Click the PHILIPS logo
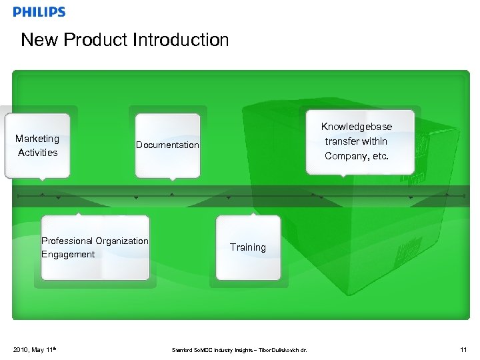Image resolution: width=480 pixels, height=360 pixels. (39, 12)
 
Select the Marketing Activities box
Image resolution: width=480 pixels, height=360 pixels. (37, 146)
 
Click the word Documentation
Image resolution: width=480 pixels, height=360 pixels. (167, 145)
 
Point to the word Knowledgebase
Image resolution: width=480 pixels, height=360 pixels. (356, 127)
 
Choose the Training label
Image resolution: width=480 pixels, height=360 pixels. (248, 247)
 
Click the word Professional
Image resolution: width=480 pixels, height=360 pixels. (67, 241)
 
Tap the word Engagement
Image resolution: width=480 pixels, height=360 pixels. (68, 255)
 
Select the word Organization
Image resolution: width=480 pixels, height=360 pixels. (122, 241)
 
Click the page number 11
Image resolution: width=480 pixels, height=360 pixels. (463, 349)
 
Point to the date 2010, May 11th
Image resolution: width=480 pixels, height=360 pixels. (33, 349)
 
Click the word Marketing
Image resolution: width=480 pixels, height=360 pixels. (37, 139)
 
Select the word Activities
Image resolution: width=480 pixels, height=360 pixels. (37, 153)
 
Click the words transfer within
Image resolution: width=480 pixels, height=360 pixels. (356, 141)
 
